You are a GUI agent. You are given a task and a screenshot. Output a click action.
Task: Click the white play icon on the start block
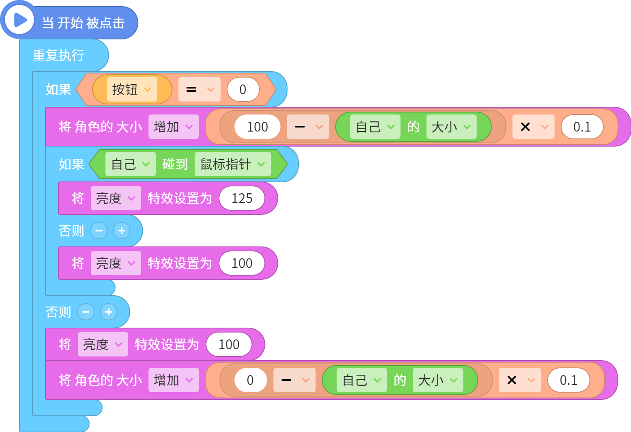coord(19,20)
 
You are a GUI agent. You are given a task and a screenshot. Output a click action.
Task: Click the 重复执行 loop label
coord(58,55)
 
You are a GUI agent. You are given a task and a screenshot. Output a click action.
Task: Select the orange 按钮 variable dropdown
coord(132,89)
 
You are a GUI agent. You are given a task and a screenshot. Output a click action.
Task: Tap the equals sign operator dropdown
coord(200,89)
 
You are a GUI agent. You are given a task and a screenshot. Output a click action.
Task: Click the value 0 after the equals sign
coord(243,89)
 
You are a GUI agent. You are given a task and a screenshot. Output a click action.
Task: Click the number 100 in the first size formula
coord(258,127)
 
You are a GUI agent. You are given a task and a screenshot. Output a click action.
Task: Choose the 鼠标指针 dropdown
coord(233,164)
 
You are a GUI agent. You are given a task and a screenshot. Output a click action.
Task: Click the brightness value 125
coord(242,198)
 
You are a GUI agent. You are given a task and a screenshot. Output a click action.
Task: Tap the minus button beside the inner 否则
coord(99,231)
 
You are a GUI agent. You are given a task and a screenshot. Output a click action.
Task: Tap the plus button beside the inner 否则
coord(121,231)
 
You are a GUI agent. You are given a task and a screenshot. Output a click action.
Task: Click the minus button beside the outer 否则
coord(86,312)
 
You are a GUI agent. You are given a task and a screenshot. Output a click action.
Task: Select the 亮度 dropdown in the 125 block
coord(116,198)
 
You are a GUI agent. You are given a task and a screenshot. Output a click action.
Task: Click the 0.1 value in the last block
coord(569,380)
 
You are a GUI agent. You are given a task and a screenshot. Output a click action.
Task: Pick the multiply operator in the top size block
coord(533,127)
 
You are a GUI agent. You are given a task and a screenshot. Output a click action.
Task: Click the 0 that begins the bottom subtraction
coord(250,380)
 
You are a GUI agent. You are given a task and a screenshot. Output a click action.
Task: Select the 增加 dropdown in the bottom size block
coord(174,380)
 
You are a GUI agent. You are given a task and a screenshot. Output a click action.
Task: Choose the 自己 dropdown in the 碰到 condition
coord(131,164)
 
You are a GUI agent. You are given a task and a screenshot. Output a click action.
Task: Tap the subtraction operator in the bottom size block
coord(294,380)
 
